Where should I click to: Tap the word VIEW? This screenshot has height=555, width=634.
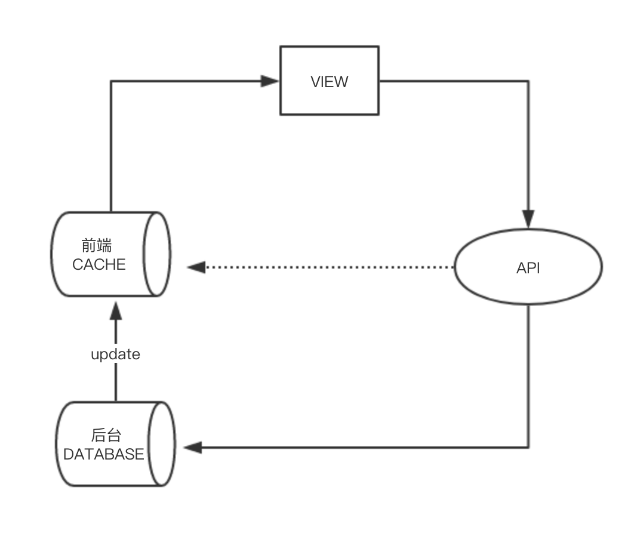[x=330, y=82]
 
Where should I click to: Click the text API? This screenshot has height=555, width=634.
[x=528, y=268]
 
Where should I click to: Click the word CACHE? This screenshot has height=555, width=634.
[x=99, y=264]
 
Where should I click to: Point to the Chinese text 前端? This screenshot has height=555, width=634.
[x=97, y=245]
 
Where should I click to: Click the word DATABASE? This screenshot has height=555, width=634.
[x=104, y=454]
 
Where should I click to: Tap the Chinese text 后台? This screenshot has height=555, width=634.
[x=107, y=435]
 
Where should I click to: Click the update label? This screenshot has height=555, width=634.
[x=115, y=354]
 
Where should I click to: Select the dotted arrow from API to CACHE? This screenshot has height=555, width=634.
[x=328, y=267]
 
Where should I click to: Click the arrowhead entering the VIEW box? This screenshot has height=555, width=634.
[x=270, y=81]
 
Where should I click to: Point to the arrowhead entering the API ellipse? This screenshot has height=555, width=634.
[x=528, y=218]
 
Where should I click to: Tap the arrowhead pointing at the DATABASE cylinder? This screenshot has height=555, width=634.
[x=193, y=447]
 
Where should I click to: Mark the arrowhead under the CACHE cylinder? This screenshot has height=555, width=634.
[x=116, y=311]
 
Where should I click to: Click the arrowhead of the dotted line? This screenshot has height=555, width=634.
[x=196, y=267]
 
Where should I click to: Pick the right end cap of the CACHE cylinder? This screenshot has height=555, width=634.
[x=158, y=254]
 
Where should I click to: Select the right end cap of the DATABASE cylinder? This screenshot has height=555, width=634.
[x=162, y=443]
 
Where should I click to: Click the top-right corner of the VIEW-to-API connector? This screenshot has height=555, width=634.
[x=528, y=81]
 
